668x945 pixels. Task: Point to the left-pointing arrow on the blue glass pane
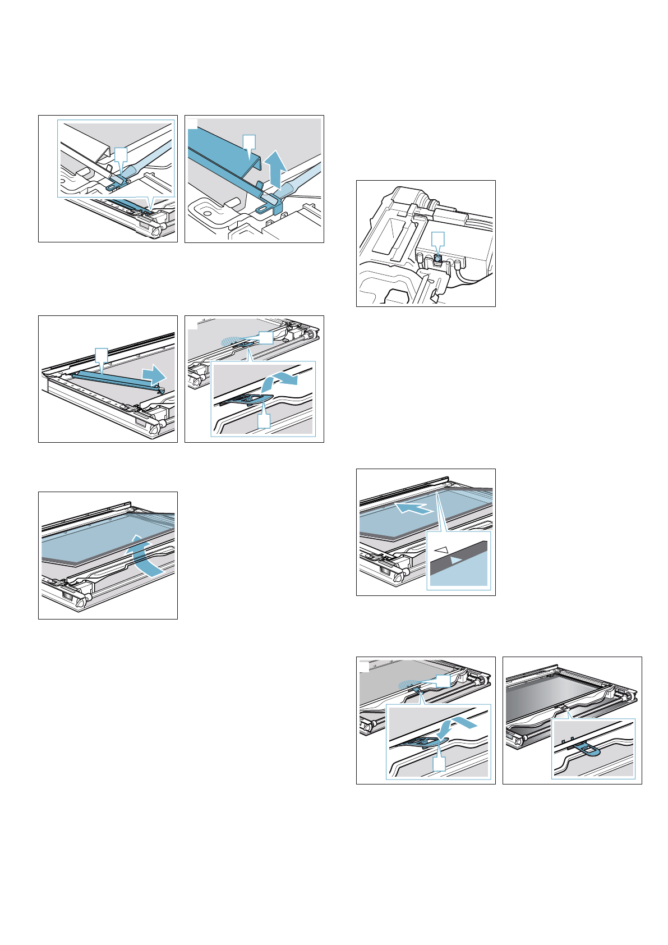click(x=414, y=509)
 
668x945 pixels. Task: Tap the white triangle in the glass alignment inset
click(x=443, y=552)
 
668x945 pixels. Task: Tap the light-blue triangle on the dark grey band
click(x=456, y=559)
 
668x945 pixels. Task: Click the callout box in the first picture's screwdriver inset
click(x=121, y=154)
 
